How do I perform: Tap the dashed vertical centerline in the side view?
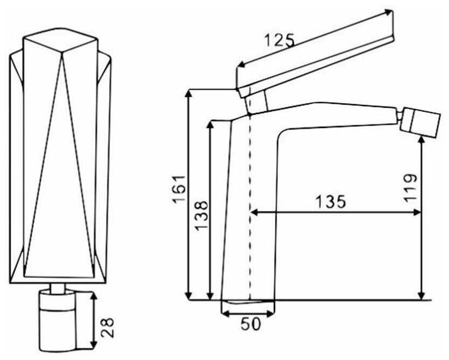coord(250,215)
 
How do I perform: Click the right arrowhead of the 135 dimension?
coord(417,213)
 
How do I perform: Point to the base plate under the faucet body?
coord(248,304)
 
